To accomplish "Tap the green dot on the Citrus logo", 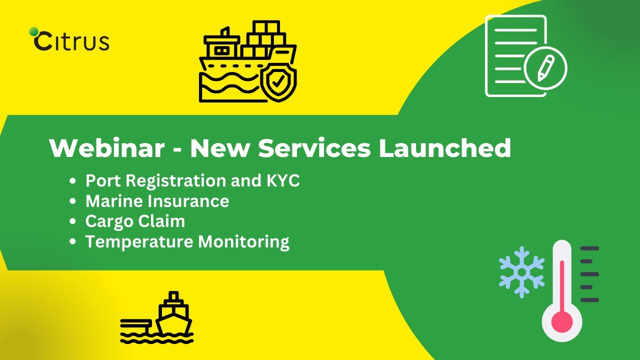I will (34, 31).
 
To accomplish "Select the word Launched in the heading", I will (444, 148).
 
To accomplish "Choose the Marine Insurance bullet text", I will (157, 201).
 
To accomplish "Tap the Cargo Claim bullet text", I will (135, 221).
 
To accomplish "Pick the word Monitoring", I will (243, 241).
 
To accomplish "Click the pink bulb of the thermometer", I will (562, 321).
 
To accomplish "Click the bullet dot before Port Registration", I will (73, 181).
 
